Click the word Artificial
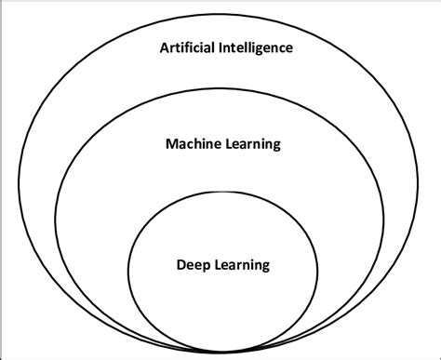[x=187, y=47]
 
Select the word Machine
[x=191, y=144]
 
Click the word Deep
[x=192, y=265]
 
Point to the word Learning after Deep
[x=240, y=265]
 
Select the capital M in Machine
[x=170, y=144]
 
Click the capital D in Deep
[x=180, y=265]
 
